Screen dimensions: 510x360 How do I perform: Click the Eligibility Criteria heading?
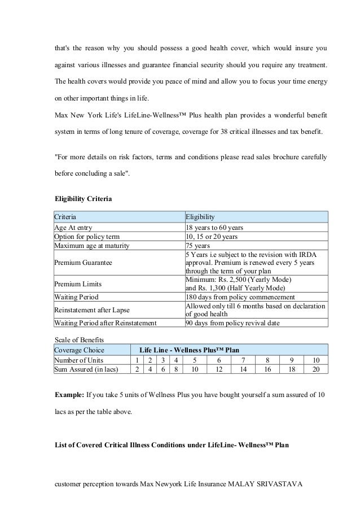pyautogui.click(x=83, y=199)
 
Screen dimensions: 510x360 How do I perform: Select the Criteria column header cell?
pyautogui.click(x=65, y=217)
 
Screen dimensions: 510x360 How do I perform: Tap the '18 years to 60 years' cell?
pyautogui.click(x=214, y=228)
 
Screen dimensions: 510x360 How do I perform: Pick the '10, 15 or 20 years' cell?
pyautogui.click(x=212, y=237)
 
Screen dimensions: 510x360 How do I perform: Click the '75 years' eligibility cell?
pyautogui.click(x=198, y=246)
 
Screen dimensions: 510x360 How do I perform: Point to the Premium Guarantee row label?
pyautogui.click(x=83, y=263)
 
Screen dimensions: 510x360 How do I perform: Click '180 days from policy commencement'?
pyautogui.click(x=240, y=297)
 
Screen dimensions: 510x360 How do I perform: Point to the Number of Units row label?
pyautogui.click(x=79, y=360)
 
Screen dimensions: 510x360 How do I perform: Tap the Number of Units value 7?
pyautogui.click(x=243, y=360)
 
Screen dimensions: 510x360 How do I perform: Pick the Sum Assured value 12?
pyautogui.click(x=219, y=369)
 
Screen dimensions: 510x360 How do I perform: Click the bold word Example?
pyautogui.click(x=70, y=393)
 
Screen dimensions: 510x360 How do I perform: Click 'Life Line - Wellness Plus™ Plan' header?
pyautogui.click(x=189, y=350)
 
